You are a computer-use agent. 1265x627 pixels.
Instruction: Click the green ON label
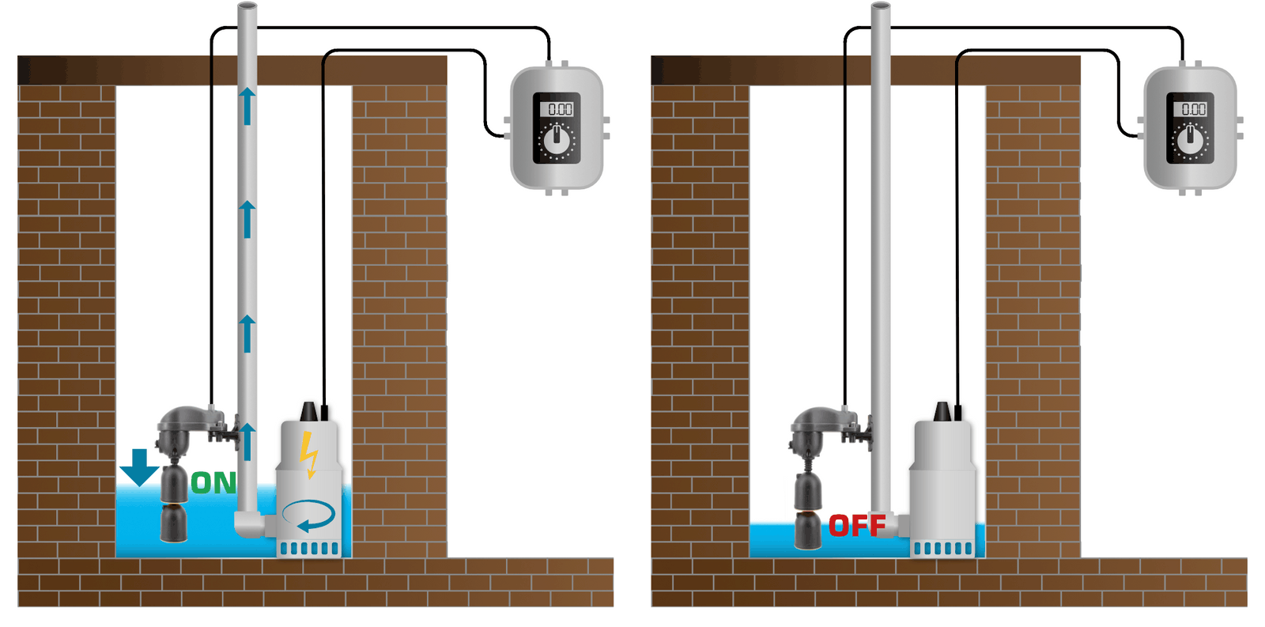point(213,483)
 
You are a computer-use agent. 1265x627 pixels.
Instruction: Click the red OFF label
point(857,526)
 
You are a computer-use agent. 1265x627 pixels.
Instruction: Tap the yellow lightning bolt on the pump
point(308,455)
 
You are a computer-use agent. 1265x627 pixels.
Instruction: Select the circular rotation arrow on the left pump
point(308,516)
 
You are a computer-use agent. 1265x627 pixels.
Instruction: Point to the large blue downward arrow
point(139,467)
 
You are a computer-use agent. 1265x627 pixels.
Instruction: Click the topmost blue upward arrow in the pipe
point(247,106)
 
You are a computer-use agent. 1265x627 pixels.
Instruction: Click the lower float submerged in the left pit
point(174,523)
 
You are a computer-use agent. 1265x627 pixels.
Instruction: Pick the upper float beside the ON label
point(174,483)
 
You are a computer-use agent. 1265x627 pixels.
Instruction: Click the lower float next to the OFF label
point(807,530)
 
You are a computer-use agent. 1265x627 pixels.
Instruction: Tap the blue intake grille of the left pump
point(309,548)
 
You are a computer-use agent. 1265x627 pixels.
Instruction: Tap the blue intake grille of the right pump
point(943,548)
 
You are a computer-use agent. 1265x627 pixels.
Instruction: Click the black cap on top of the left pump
point(309,411)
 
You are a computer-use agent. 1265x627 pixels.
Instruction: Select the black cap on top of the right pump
point(942,411)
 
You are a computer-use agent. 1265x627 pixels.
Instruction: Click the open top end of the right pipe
point(881,5)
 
